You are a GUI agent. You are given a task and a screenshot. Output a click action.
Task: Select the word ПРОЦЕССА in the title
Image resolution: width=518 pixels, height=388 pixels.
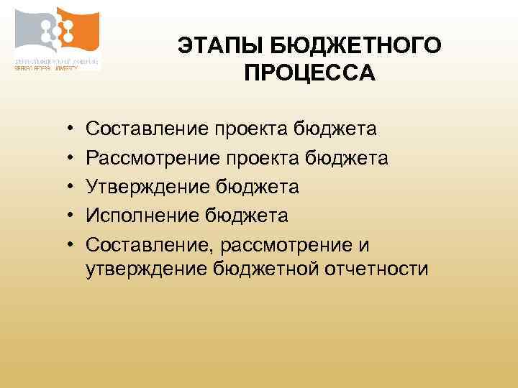click(309, 73)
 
